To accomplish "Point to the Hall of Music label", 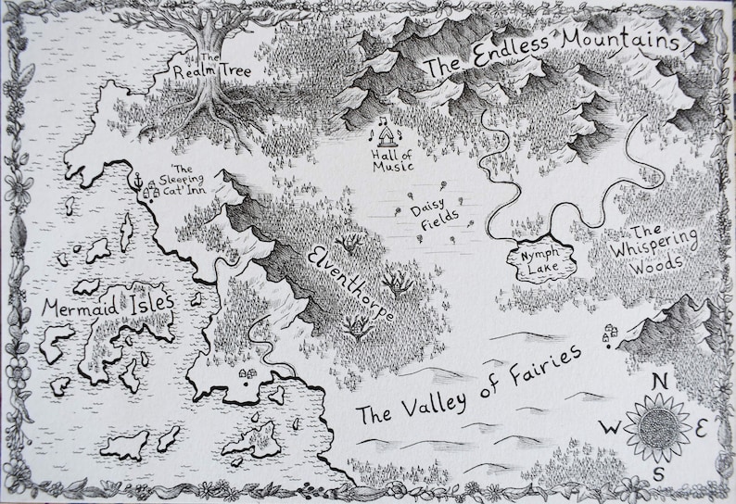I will [x=390, y=160].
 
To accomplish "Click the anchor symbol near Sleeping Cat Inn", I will [x=136, y=179].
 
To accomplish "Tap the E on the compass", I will [x=703, y=428].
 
